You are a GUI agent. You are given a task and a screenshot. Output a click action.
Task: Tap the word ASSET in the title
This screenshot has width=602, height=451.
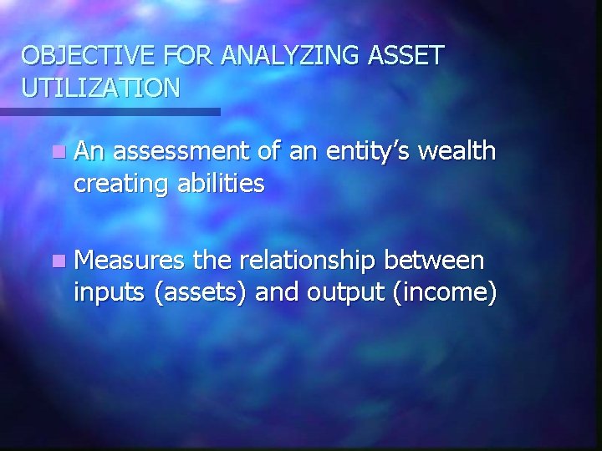pos(406,56)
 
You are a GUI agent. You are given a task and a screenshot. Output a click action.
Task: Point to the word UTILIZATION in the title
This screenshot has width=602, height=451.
pos(100,88)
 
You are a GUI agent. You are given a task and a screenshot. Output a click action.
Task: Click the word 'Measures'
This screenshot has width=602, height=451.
pos(130,261)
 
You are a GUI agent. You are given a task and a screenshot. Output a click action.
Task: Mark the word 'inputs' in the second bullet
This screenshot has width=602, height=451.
pos(110,293)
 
